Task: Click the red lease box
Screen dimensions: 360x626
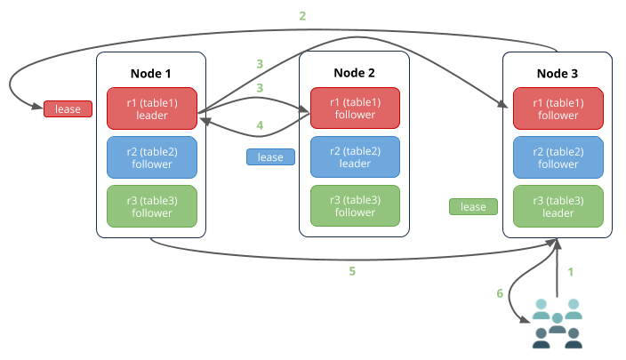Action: click(x=68, y=109)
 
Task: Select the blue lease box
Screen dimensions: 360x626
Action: click(x=270, y=157)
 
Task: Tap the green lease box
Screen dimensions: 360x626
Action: click(x=473, y=207)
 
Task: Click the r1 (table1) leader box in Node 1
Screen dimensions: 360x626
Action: click(x=151, y=108)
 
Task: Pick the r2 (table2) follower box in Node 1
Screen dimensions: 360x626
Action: click(x=151, y=157)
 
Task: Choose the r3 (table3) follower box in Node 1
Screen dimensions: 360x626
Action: click(x=151, y=206)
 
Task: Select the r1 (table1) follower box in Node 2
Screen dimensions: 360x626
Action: click(x=355, y=108)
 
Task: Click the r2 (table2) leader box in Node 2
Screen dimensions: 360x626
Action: click(x=355, y=157)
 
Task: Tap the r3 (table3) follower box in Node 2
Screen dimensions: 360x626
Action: click(x=355, y=206)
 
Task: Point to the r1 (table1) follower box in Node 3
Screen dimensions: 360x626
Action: click(x=558, y=108)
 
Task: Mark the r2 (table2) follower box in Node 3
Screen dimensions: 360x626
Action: click(x=558, y=157)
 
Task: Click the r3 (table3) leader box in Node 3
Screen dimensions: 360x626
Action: click(x=558, y=206)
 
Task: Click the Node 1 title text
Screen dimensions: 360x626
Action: click(x=151, y=72)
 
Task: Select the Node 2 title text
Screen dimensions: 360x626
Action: click(x=355, y=72)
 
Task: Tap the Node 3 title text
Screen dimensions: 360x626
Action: click(x=558, y=72)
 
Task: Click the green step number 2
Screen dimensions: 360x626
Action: click(x=303, y=16)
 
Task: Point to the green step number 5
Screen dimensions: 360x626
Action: click(x=352, y=271)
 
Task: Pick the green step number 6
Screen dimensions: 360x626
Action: click(x=500, y=293)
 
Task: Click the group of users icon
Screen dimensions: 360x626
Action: click(x=557, y=323)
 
